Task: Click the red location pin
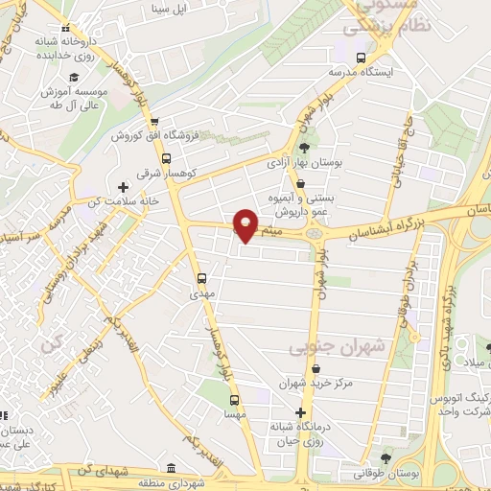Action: coord(246,225)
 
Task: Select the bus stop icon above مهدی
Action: coord(201,278)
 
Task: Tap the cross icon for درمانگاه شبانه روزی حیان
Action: coord(301,412)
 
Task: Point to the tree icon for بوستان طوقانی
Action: coord(385,458)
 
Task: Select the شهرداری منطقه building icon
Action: coord(171,468)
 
